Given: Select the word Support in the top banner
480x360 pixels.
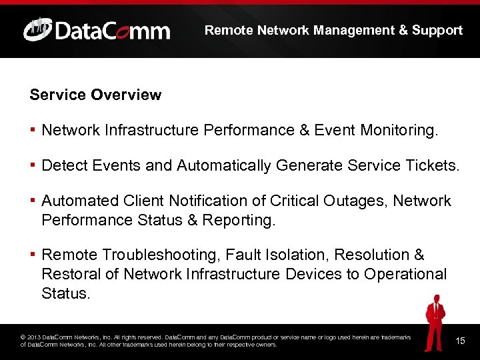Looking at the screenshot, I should [437, 30].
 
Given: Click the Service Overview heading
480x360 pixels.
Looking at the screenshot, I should [95, 95].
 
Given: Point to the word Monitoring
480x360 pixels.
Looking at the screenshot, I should [399, 130].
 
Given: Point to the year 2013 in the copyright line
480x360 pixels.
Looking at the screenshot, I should [35, 337].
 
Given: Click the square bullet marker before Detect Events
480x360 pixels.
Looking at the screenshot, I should [33, 165].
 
